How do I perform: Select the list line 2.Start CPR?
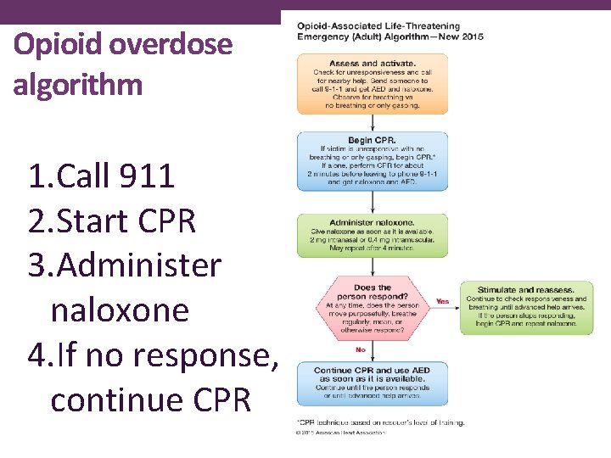(x=111, y=221)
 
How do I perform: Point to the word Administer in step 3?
(x=137, y=265)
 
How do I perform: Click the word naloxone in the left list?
(x=120, y=310)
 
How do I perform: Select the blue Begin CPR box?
(x=373, y=160)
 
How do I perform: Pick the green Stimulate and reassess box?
(x=526, y=307)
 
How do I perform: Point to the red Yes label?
(x=442, y=301)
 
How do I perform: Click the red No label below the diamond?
(x=361, y=349)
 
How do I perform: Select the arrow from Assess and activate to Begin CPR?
(x=373, y=122)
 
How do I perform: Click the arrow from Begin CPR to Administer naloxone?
(x=373, y=201)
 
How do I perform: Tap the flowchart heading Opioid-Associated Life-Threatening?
(x=378, y=27)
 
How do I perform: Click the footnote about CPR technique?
(x=380, y=422)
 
